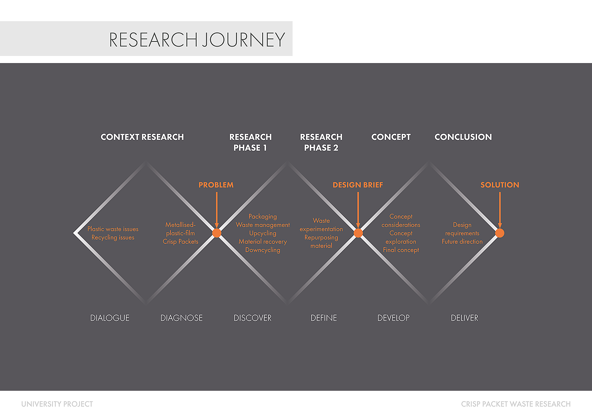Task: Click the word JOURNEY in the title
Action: (x=244, y=40)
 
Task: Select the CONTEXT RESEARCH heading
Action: (x=142, y=137)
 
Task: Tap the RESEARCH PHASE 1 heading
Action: (x=250, y=142)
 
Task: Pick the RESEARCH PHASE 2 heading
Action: (x=321, y=142)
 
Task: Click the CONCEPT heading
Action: (x=391, y=137)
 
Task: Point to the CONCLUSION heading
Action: (x=463, y=137)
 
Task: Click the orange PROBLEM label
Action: (x=216, y=185)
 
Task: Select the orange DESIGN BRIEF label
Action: (x=358, y=185)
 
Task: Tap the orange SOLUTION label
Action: (x=500, y=185)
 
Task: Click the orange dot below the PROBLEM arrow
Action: (x=217, y=233)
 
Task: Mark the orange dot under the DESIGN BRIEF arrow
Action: (x=358, y=233)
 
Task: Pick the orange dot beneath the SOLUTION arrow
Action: (x=500, y=233)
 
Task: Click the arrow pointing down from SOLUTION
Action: (x=500, y=210)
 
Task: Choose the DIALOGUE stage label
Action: (x=110, y=318)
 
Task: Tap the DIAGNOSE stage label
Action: (x=181, y=318)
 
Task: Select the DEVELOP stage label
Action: (x=393, y=318)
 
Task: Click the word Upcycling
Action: (x=263, y=233)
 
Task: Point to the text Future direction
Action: (x=462, y=242)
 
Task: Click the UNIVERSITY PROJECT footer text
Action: (x=57, y=404)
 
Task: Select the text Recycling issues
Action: (x=113, y=237)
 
